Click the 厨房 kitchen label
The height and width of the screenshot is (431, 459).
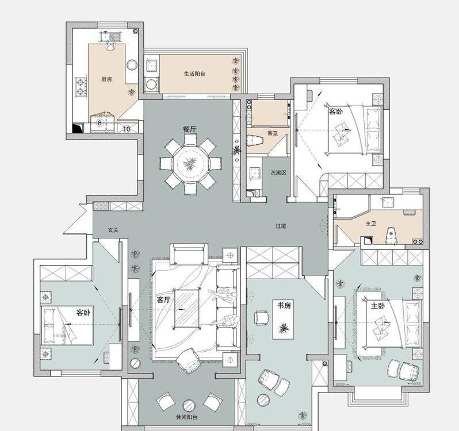click(x=106, y=79)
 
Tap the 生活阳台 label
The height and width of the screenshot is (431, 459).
click(x=194, y=74)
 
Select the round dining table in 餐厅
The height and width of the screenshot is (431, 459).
click(x=190, y=164)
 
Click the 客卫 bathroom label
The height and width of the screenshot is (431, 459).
click(x=273, y=133)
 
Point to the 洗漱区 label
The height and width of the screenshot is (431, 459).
click(x=278, y=172)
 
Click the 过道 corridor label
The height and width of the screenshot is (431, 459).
click(x=281, y=226)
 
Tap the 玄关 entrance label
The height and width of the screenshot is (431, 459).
click(x=113, y=230)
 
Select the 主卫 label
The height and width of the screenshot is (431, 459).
click(x=370, y=224)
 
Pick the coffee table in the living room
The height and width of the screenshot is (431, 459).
click(x=187, y=308)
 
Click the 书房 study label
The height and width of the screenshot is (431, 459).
click(x=284, y=306)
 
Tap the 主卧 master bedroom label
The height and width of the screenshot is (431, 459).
click(x=378, y=306)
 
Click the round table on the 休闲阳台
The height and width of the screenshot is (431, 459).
click(x=189, y=405)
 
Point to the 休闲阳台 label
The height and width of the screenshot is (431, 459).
click(x=186, y=417)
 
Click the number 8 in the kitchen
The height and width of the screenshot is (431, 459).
click(x=100, y=123)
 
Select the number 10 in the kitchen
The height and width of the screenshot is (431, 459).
click(x=127, y=129)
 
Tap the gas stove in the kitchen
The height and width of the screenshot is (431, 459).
click(x=81, y=87)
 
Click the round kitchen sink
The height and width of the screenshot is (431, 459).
click(x=132, y=64)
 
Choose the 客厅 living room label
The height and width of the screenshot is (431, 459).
click(x=164, y=300)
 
